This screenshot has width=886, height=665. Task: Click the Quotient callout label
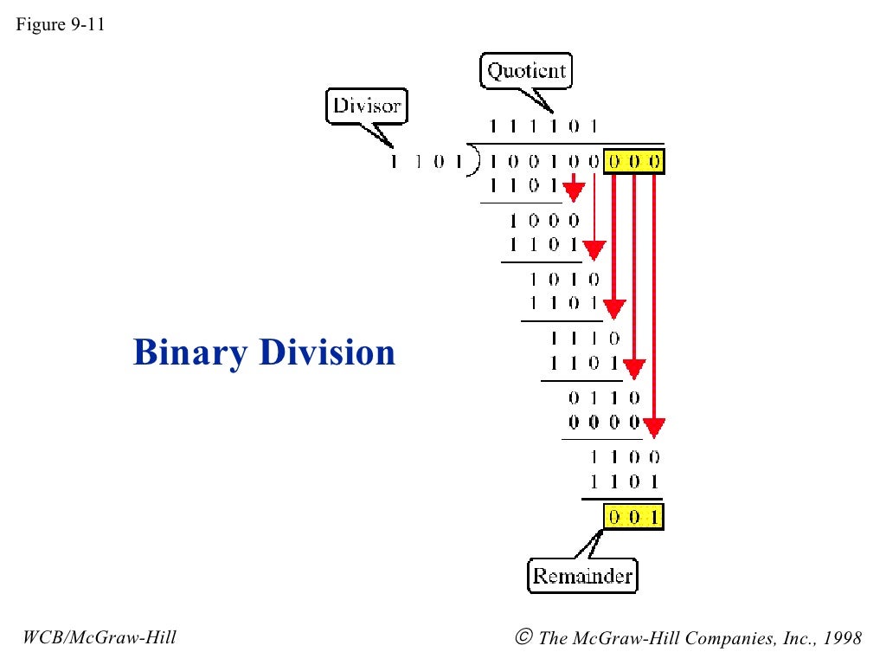[x=526, y=70]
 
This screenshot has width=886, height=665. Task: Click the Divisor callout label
[x=367, y=107]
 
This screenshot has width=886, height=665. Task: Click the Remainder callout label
[x=582, y=576]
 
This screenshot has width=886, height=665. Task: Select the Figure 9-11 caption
[x=60, y=24]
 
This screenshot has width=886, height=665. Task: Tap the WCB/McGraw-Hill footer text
[x=100, y=638]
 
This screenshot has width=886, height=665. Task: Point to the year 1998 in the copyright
[x=843, y=638]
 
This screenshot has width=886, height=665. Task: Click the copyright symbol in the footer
[x=523, y=638]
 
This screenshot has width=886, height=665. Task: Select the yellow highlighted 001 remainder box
[x=634, y=518]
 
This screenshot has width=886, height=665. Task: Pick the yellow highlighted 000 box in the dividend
[x=634, y=161]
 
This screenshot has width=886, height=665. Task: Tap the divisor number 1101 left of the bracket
[x=423, y=161]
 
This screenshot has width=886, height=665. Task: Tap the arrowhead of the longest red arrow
[x=654, y=428]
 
